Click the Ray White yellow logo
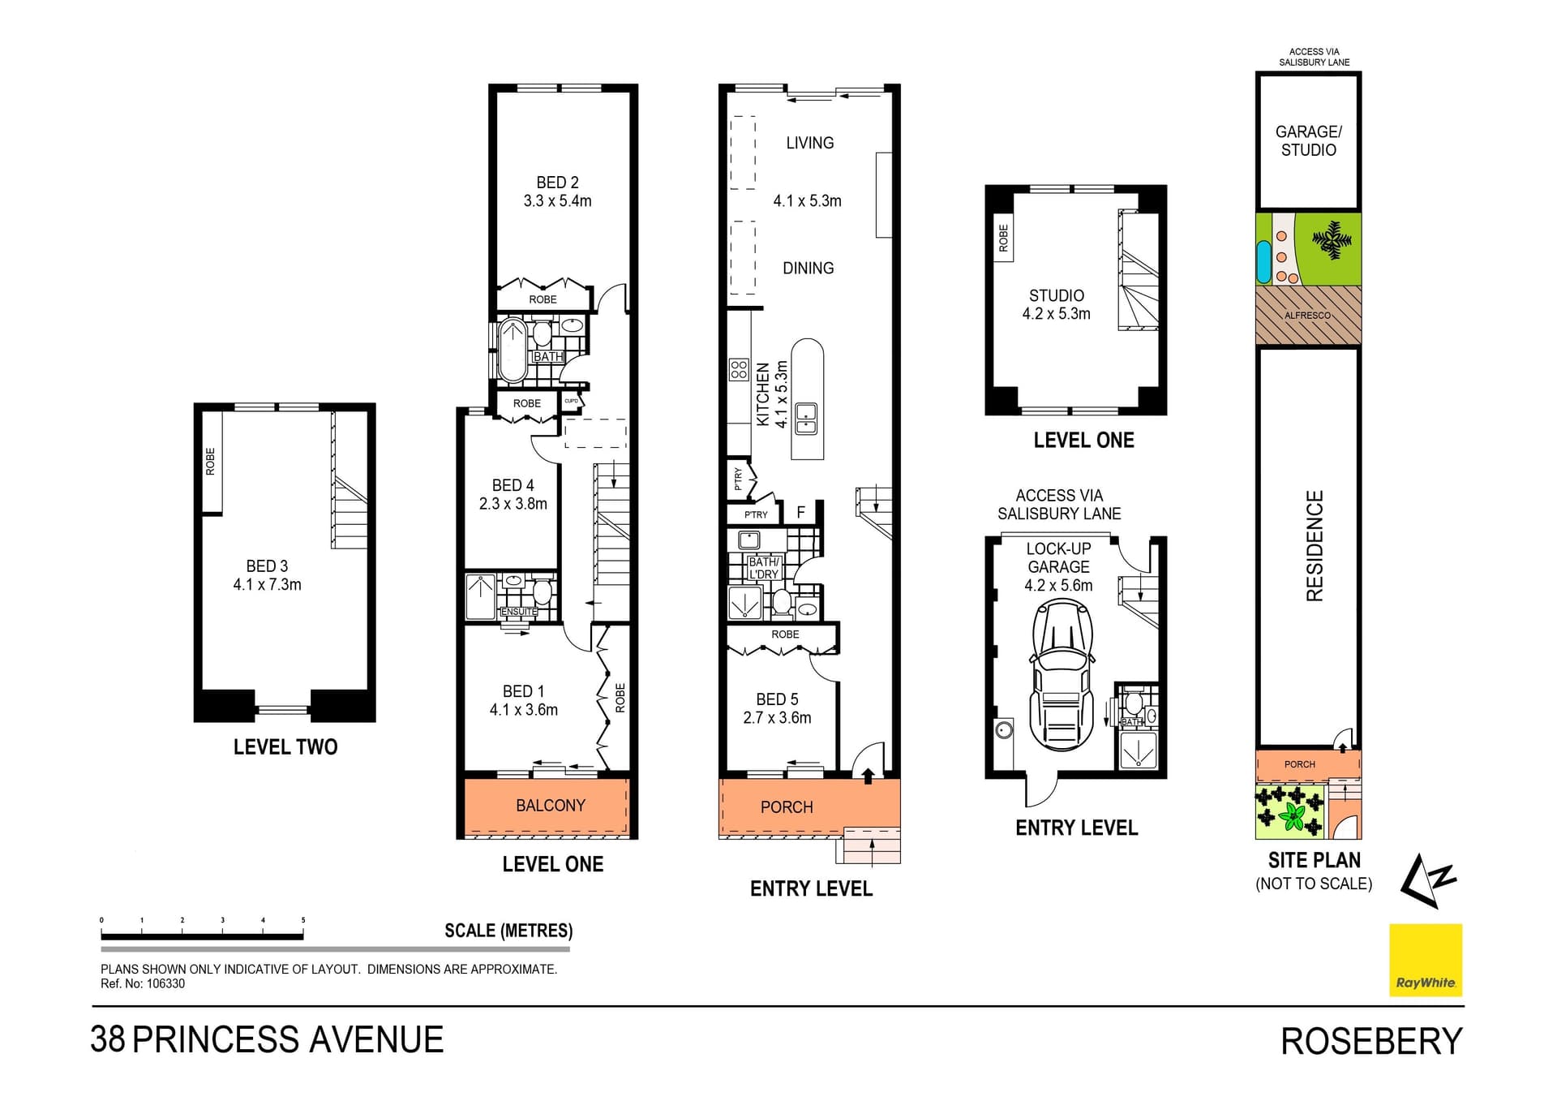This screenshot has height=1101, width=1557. (x=1426, y=960)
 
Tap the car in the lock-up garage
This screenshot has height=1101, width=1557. (x=1061, y=676)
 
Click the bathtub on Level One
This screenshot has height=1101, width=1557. (x=513, y=351)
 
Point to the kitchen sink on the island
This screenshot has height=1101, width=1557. (x=806, y=419)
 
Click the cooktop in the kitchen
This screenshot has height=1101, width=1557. (x=739, y=370)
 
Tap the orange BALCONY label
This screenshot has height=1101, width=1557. (x=551, y=806)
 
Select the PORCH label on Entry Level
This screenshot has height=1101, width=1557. (x=787, y=807)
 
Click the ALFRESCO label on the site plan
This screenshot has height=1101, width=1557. (x=1307, y=316)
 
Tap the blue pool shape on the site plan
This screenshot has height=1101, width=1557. (x=1263, y=261)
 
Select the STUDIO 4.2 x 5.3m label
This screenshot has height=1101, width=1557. (x=1057, y=305)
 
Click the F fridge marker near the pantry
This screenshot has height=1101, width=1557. (x=801, y=512)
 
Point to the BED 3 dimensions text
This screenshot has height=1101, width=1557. (x=267, y=585)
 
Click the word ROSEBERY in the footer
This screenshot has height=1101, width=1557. (x=1372, y=1042)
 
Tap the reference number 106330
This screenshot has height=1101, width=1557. (x=165, y=984)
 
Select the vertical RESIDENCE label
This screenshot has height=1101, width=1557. (x=1315, y=546)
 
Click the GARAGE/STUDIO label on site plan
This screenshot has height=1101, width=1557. (x=1309, y=140)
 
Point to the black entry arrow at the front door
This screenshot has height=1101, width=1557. (x=868, y=776)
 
